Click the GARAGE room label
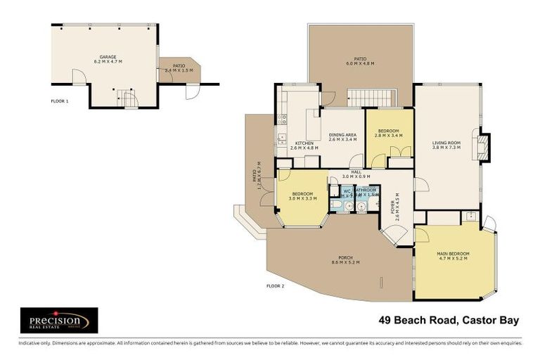tap(108, 56)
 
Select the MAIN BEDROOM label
tap(453, 253)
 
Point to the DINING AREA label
tap(342, 134)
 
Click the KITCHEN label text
tap(304, 143)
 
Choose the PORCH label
tap(345, 257)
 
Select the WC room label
tap(346, 190)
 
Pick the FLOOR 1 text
tap(60, 101)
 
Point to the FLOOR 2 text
tap(275, 286)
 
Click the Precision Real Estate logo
tap(58, 320)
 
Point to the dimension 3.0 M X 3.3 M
tap(302, 199)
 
